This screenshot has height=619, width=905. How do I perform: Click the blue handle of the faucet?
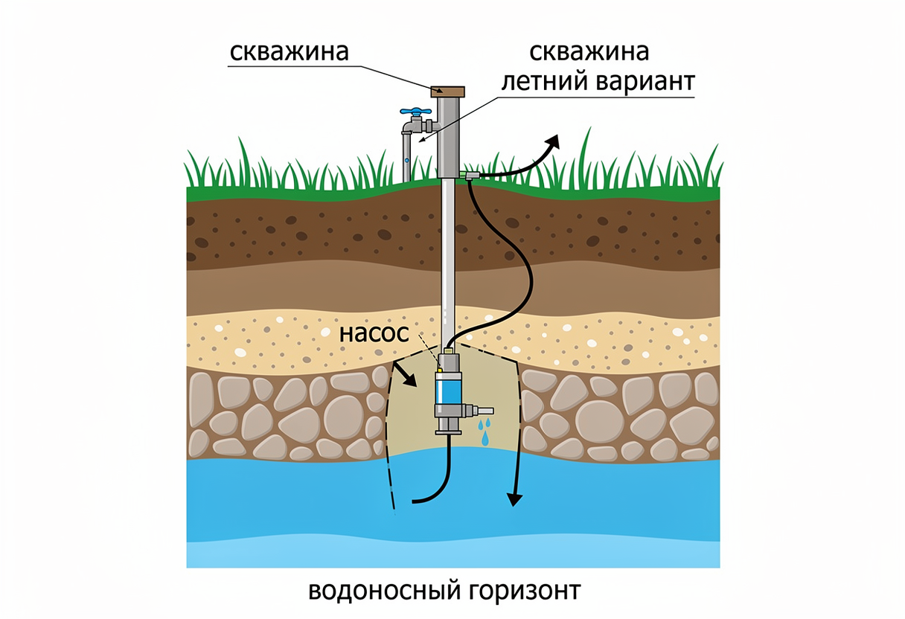[415, 111]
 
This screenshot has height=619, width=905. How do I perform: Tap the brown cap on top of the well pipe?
[447, 92]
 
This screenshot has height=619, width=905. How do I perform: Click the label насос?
[374, 333]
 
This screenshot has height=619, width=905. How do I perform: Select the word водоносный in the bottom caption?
[384, 590]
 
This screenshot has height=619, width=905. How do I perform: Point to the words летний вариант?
[598, 82]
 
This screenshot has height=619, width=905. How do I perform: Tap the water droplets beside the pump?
[485, 432]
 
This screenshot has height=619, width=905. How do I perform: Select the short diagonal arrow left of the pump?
[405, 374]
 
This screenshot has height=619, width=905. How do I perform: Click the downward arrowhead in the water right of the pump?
[514, 500]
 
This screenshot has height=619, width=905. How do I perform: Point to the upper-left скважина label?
[290, 51]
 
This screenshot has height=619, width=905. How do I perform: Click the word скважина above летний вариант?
[589, 51]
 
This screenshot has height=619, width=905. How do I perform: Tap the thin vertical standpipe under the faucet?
[407, 157]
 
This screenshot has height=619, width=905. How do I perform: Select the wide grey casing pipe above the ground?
[449, 138]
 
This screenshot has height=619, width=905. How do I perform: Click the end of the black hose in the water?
[413, 501]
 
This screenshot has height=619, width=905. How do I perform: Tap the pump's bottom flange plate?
[448, 433]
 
